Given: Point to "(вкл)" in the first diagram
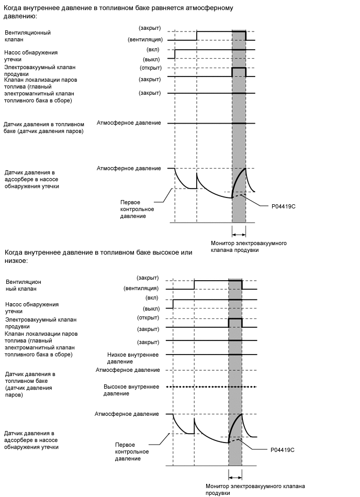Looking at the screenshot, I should tap(154, 49).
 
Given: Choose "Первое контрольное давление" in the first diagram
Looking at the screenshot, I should tap(133, 209).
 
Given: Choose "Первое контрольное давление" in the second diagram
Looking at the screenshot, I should tap(132, 451).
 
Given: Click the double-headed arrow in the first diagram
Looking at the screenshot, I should tap(239, 234).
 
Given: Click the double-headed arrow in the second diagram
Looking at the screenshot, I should tap(235, 477).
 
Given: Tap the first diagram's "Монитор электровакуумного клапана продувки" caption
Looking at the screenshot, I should tap(248, 247).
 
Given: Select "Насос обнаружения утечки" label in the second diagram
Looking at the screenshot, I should tap(31, 307).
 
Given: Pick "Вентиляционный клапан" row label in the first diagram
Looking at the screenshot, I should tap(27, 36).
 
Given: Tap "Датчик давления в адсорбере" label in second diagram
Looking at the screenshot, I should tap(31, 440).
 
